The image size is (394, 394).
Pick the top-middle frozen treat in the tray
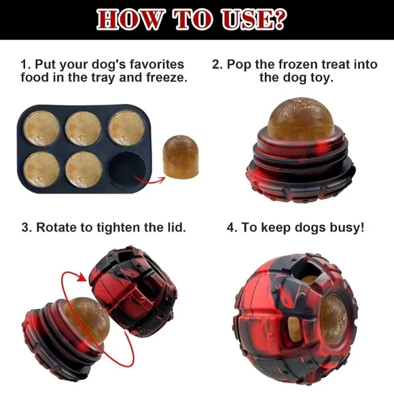coord(85,127)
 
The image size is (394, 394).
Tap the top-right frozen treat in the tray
coord(126,127)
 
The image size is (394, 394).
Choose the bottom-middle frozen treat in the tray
coord(85,168)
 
